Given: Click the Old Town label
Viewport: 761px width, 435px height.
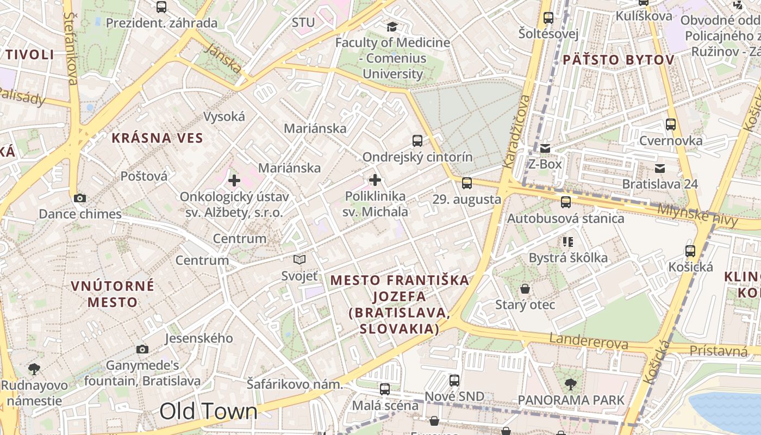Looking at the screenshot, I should coord(208,412).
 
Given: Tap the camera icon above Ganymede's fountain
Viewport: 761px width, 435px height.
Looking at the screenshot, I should coord(142,349).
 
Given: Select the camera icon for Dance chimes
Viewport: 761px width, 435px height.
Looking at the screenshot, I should coord(80,198).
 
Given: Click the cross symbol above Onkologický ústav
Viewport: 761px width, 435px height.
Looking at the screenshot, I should coord(234,180).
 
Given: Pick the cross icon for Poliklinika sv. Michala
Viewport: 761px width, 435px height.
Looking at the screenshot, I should coord(375,180).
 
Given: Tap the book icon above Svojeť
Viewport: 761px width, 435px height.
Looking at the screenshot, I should coord(300,259).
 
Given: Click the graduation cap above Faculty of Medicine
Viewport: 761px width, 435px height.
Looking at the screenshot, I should coord(392,27).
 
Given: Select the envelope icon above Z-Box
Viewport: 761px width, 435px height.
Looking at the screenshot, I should coord(545,148).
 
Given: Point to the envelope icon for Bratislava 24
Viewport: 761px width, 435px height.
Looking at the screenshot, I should coord(660,168).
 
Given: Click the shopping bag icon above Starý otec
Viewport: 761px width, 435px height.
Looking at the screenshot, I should coord(525,288).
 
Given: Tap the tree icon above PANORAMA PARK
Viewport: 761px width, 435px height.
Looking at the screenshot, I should coord(571,384).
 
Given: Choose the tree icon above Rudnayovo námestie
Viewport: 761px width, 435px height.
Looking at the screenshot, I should coord(34,369).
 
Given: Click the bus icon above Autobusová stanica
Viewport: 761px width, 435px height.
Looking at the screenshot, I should coord(566,202).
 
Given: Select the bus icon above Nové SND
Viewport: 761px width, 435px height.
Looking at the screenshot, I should coord(454,381).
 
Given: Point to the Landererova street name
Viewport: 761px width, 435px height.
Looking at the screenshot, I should coord(589,341).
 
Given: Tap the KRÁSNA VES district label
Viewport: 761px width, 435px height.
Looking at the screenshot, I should coord(157,138).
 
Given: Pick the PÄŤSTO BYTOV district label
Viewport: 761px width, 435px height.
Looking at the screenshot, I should coord(619,60).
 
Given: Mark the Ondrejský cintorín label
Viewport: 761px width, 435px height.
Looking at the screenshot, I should coord(417,157).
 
